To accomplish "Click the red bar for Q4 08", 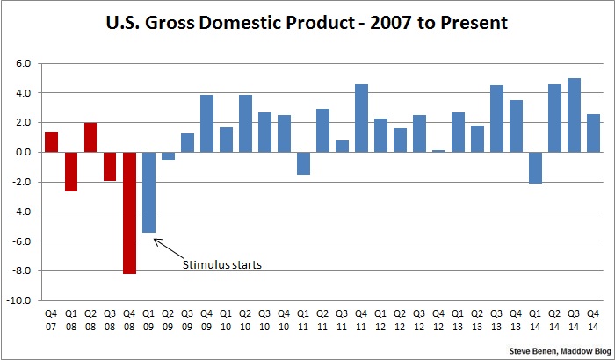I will point(129,212).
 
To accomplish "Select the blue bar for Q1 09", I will point(148,192).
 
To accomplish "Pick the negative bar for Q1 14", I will point(536,168).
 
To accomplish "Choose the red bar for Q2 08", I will point(90,137).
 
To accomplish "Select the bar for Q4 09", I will point(206,123).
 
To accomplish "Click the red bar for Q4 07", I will point(52,141).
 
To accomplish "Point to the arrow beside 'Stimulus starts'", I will point(168,248).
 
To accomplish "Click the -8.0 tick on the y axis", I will point(21,270).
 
